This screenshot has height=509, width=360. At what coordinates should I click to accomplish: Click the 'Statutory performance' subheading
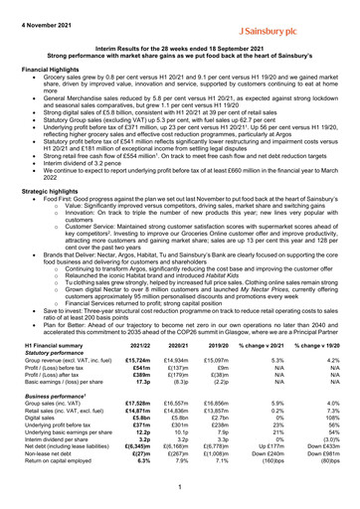coord(57,379)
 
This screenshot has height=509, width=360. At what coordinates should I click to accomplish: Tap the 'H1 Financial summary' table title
coord(56,371)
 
